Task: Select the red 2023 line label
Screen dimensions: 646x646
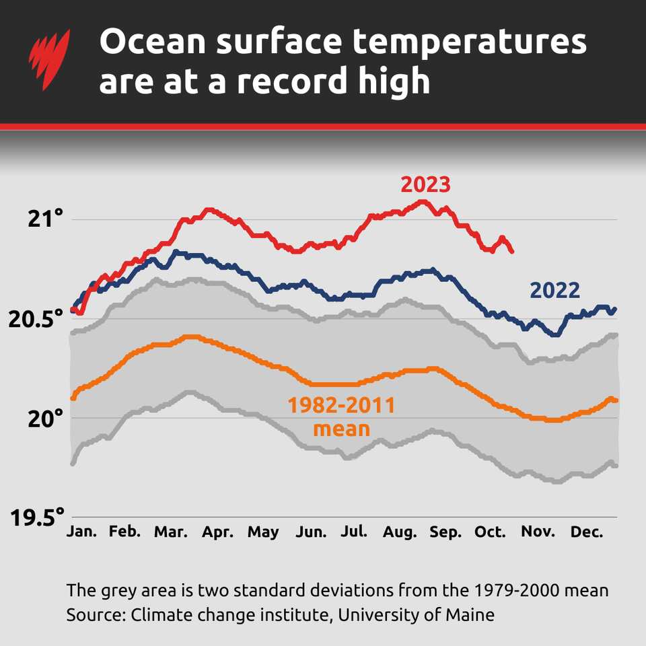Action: click(x=425, y=184)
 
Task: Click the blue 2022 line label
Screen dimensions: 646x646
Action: click(x=554, y=291)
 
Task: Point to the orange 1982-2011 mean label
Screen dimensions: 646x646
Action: click(x=341, y=417)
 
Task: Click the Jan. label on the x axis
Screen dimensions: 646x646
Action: click(x=81, y=532)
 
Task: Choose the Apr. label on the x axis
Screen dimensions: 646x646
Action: click(x=217, y=532)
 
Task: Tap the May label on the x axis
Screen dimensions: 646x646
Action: click(x=262, y=532)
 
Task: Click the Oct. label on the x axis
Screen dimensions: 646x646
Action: click(x=490, y=532)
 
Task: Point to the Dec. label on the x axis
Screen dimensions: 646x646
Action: click(x=586, y=532)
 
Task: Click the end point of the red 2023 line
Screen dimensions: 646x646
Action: click(x=512, y=251)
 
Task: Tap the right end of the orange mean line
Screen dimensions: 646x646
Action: click(x=616, y=400)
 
